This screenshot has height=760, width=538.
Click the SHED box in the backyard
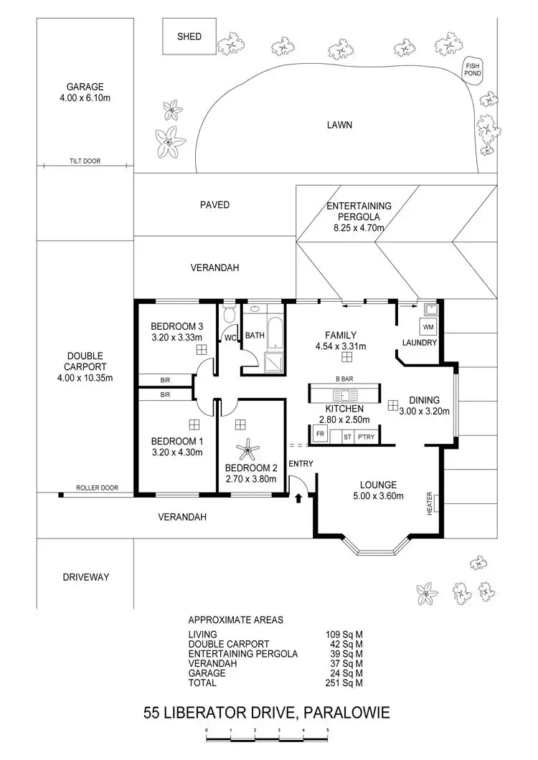pyautogui.click(x=189, y=37)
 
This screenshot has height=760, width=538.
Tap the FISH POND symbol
pyautogui.click(x=473, y=70)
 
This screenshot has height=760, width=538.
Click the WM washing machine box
pyautogui.click(x=428, y=327)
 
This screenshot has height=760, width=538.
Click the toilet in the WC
pyautogui.click(x=230, y=315)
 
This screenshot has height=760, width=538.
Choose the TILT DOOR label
pyautogui.click(x=85, y=162)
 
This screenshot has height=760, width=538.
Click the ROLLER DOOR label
pyautogui.click(x=96, y=489)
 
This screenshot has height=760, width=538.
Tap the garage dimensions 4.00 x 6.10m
pyautogui.click(x=85, y=98)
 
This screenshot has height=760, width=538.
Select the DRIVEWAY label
pyautogui.click(x=85, y=576)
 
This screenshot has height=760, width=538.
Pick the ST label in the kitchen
pyautogui.click(x=346, y=435)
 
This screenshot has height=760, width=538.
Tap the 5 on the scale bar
pyautogui.click(x=328, y=728)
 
